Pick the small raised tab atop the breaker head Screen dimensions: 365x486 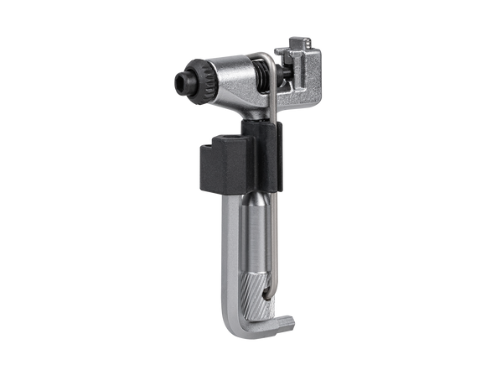pyautogui.click(x=297, y=43)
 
